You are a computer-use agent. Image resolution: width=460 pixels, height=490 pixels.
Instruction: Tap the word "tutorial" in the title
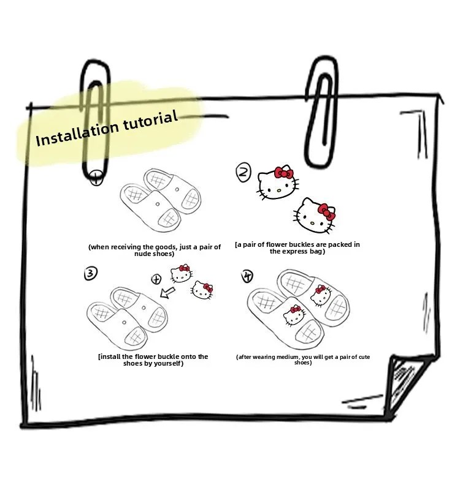pos(150,120)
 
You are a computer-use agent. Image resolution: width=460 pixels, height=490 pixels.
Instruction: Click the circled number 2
pos(243,172)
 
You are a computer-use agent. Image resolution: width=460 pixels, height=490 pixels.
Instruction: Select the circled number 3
pos(91,273)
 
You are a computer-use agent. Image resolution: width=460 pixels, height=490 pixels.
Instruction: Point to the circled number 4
pos(248,276)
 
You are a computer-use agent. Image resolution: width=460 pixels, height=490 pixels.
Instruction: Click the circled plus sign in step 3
pos(156,279)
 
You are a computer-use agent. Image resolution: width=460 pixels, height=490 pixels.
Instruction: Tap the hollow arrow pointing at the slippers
pos(167,293)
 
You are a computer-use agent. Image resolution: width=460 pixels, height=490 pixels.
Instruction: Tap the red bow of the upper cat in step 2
pos(284,173)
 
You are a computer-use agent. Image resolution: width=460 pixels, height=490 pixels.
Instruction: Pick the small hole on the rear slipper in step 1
pos(177,189)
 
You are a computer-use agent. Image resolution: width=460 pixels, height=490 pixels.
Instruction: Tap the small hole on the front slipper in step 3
pos(125,322)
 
